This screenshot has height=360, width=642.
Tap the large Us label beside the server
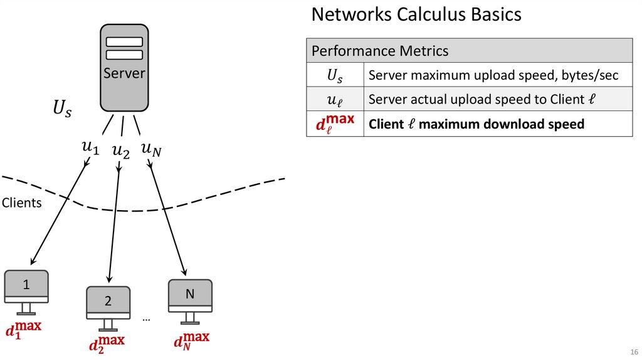62,110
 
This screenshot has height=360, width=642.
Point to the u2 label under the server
120,151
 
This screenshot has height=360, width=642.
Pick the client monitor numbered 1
26,285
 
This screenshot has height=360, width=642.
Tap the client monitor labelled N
190,294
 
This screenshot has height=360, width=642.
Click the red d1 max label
23,329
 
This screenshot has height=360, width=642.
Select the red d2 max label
107,344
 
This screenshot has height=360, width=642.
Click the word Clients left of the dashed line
21,203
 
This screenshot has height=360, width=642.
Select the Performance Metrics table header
380,51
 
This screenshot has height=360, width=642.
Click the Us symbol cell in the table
335,76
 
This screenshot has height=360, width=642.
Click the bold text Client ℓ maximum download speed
476,124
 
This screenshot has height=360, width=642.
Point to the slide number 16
633,351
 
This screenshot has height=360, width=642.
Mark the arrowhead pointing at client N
184,273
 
